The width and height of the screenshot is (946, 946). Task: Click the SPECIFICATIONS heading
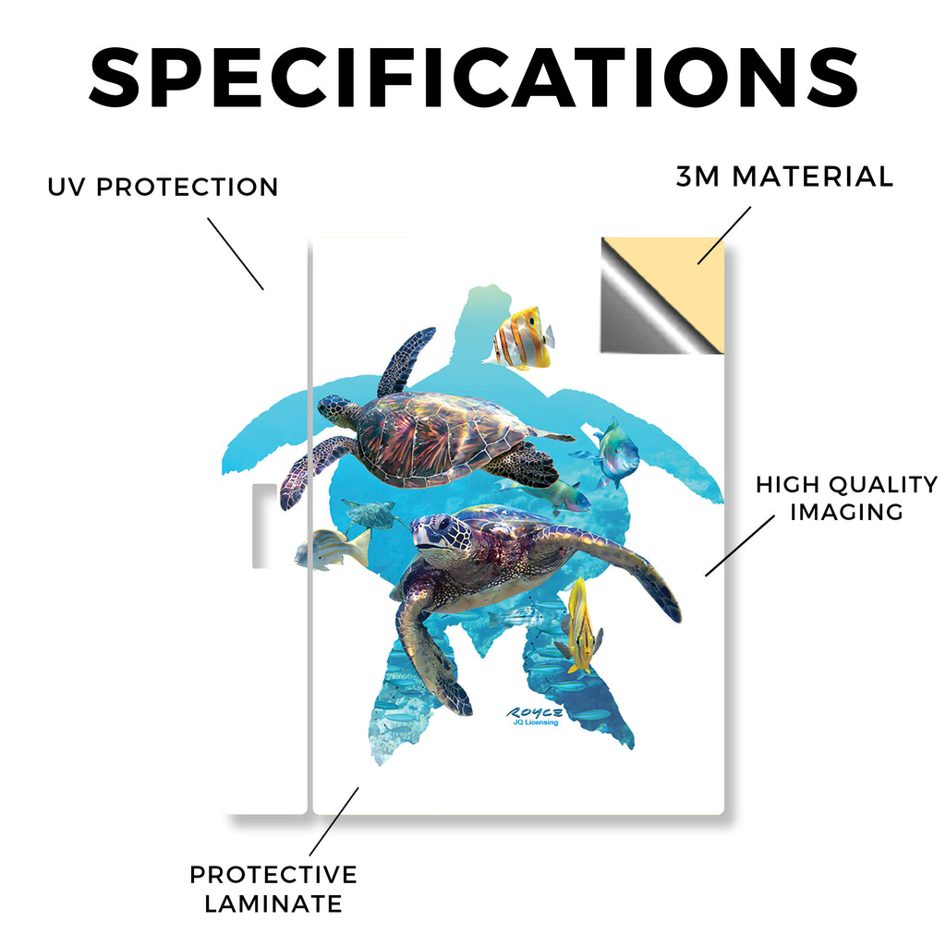474,79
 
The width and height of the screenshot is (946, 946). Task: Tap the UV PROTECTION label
163,187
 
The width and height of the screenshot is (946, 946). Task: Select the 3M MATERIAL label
784,176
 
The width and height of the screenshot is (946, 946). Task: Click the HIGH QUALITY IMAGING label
846,498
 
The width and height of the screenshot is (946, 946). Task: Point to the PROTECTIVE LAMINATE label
273,890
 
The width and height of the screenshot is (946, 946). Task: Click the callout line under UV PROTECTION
236,254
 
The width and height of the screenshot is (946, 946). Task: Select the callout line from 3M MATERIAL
724,236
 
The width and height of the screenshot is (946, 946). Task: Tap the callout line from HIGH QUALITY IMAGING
740,545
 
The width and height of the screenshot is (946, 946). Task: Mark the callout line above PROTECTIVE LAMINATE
334,821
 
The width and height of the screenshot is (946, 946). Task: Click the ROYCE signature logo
535,712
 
